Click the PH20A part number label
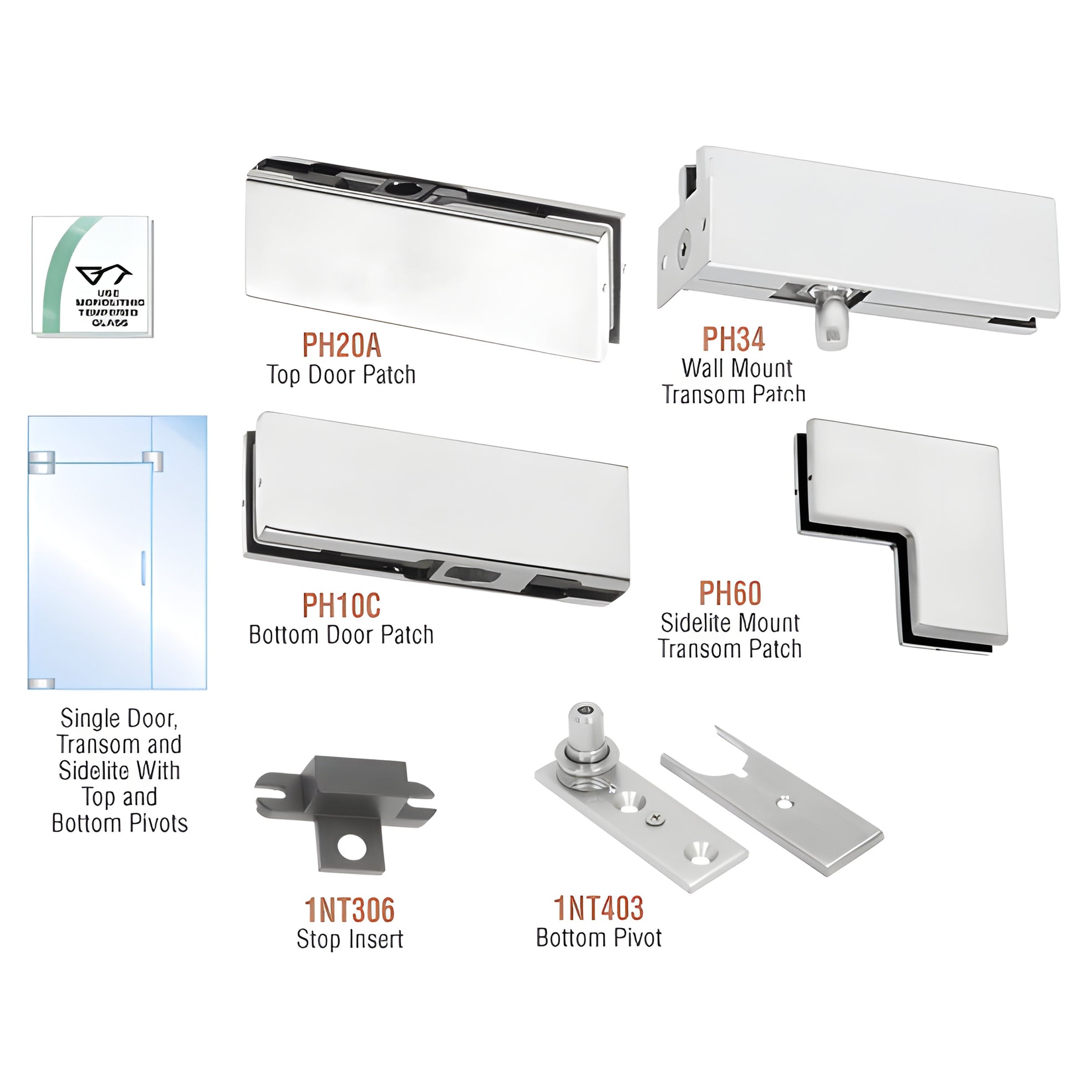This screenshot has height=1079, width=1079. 341,345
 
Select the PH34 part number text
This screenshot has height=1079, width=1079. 733,339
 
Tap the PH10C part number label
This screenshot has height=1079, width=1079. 341,605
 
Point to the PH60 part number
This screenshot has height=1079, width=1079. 730,593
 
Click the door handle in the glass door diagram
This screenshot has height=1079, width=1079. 143,568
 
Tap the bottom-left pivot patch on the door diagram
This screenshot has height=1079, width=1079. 42,684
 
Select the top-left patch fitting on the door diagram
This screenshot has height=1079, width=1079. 42,462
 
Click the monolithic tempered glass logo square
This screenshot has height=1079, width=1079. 92,277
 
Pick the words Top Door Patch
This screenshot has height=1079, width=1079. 340,375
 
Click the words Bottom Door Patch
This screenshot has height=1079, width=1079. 340,635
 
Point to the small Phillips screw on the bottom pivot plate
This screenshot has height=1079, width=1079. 655,819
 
